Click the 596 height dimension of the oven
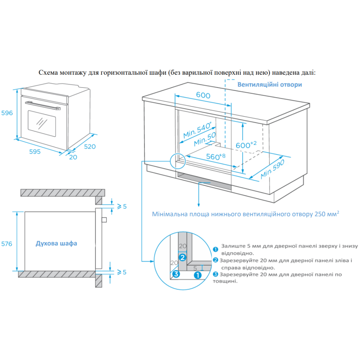[7, 113]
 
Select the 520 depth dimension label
[90, 147]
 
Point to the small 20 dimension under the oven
[72, 157]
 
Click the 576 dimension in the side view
[7, 243]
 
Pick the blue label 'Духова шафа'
[56, 243]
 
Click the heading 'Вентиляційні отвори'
[270, 84]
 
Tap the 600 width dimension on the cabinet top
[203, 95]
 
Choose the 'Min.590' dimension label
[273, 170]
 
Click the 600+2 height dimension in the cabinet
[246, 145]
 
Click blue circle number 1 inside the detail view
[198, 276]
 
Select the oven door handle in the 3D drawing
[44, 106]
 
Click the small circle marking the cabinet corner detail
[177, 160]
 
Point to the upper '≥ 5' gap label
[121, 207]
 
